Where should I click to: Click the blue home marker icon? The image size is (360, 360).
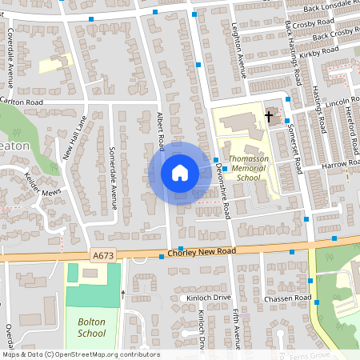pyautogui.click(x=179, y=172)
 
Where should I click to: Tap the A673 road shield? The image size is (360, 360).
pyautogui.click(x=102, y=254)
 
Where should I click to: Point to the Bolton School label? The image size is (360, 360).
pyautogui.click(x=91, y=327)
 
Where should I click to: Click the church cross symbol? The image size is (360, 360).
pyautogui.click(x=270, y=117)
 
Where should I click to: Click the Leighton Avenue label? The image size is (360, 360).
pyautogui.click(x=238, y=50)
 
